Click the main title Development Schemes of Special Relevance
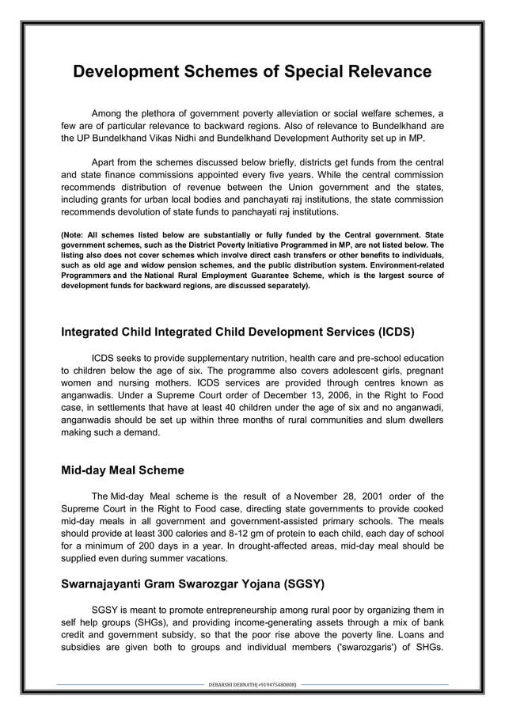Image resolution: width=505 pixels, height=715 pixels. [x=252, y=72]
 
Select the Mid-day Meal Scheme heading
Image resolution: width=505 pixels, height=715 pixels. [x=123, y=470]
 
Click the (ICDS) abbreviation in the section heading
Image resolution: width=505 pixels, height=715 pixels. [x=389, y=331]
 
